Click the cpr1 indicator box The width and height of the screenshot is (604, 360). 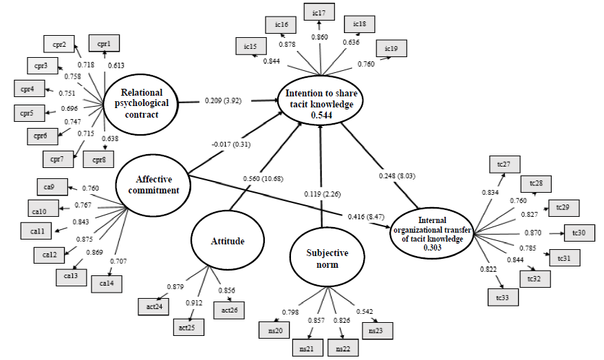coord(104,43)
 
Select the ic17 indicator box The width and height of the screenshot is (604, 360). coord(319,12)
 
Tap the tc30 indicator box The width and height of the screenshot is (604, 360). coord(579,233)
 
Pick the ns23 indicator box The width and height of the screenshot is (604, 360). coord(378,330)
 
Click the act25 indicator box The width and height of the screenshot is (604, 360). coord(188,327)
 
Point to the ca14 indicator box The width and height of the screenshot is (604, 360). coord(107,284)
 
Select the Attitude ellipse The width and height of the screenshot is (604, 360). coord(228,240)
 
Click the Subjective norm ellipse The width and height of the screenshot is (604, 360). coord(327,259)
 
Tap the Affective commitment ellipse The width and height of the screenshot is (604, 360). coord(153,185)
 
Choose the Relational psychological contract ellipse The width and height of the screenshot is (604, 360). coord(141,103)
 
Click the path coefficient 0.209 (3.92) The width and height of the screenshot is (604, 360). coord(223,100)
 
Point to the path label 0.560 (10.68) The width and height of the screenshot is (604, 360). coord(263,178)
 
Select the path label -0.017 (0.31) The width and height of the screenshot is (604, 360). coord(230,144)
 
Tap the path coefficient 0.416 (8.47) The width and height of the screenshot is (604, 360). coord(366,217)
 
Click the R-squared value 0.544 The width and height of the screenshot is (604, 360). coord(321,115)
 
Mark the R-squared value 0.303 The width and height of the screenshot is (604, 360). coord(432,247)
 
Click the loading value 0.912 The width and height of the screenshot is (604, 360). coord(194,303)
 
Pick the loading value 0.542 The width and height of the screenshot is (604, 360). coord(365,311)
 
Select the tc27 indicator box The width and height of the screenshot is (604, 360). coord(505,165)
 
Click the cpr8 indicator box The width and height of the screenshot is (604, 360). coord(98,159)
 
